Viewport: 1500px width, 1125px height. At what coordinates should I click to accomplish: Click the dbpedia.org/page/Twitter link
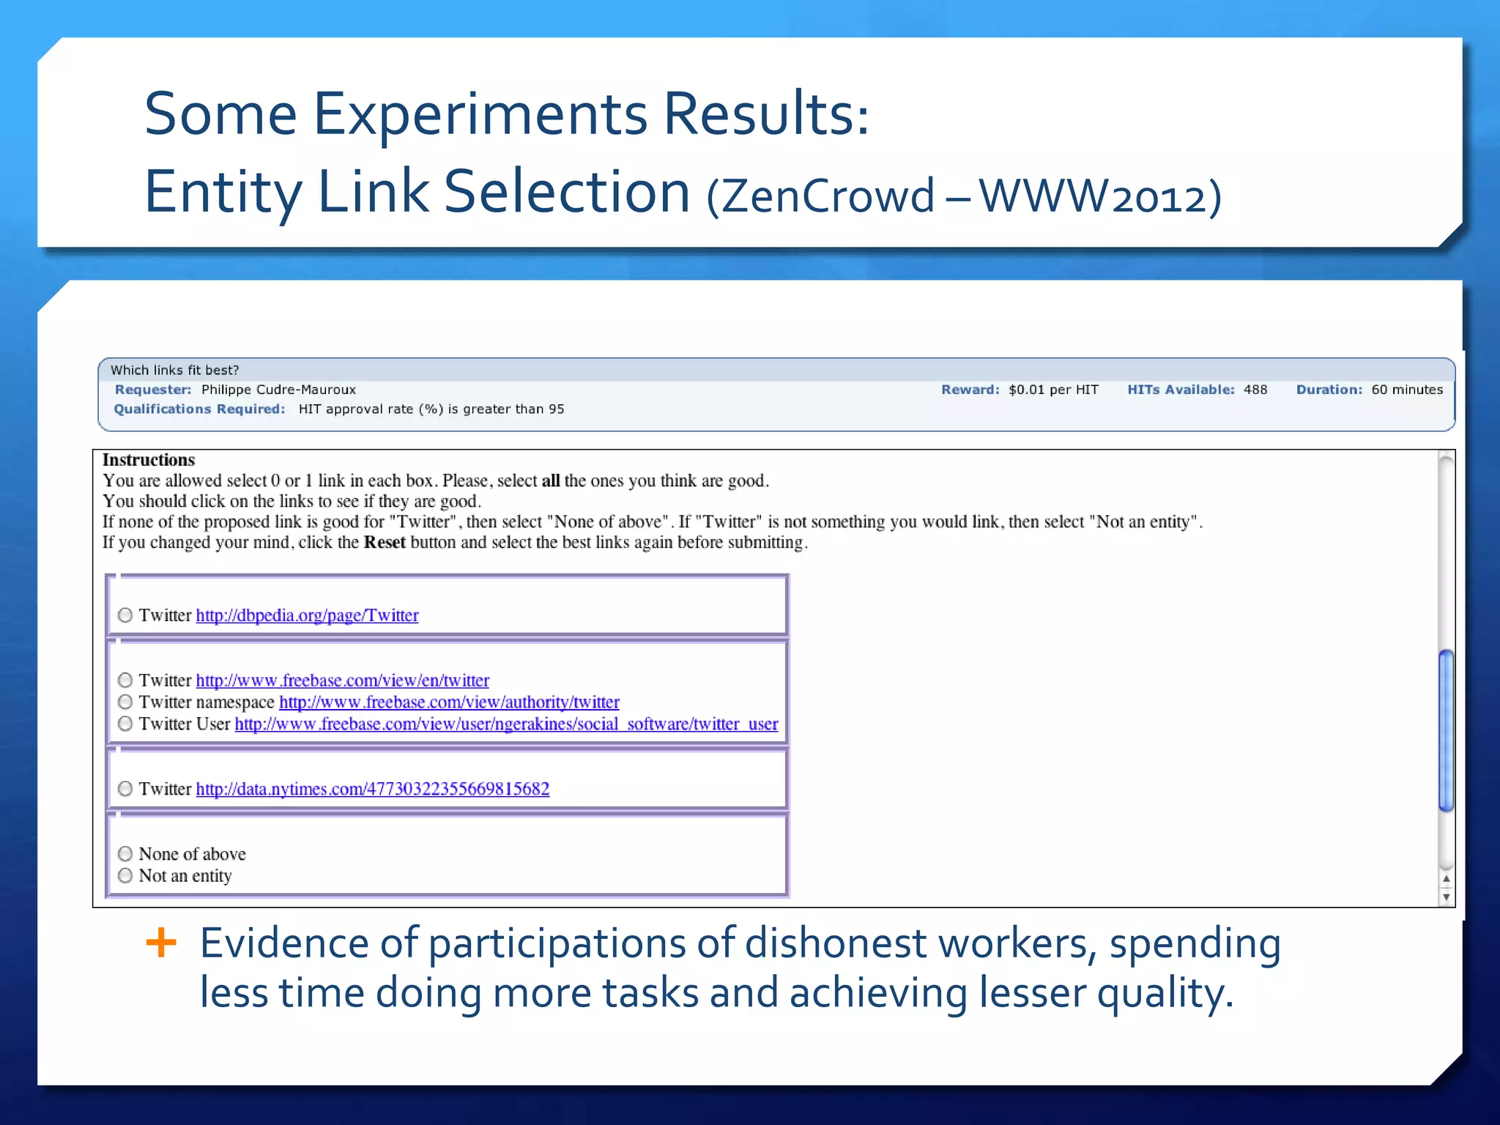click(x=307, y=615)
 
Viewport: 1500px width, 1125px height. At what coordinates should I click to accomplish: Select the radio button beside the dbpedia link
click(x=125, y=615)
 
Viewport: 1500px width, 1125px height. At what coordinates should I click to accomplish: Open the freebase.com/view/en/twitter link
click(x=342, y=680)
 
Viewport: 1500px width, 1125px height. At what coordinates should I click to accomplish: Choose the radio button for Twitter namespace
click(x=125, y=702)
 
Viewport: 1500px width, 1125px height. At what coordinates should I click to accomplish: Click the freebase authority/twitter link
click(x=449, y=702)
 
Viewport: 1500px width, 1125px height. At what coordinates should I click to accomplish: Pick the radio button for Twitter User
click(x=125, y=724)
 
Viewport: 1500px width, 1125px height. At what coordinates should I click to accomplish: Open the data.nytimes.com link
click(x=372, y=789)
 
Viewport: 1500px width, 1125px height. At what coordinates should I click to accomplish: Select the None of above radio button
click(x=125, y=854)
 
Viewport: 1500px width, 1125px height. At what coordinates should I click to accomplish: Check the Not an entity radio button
click(x=125, y=875)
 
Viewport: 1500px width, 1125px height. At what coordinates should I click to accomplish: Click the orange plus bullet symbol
click(x=161, y=943)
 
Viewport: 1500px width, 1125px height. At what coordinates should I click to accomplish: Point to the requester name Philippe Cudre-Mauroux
click(x=278, y=390)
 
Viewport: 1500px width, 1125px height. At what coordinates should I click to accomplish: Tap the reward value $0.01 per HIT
click(x=1053, y=390)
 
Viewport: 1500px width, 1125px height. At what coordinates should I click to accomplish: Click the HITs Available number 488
click(x=1255, y=390)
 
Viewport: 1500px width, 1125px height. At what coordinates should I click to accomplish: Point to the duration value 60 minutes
click(x=1407, y=390)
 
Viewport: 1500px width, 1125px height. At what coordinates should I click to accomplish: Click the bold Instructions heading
click(x=149, y=460)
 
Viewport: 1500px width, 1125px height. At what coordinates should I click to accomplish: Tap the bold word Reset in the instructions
click(x=385, y=543)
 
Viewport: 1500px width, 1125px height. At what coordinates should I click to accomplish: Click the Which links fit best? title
click(x=175, y=371)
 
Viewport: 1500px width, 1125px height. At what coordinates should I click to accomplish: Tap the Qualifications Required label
click(x=199, y=409)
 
